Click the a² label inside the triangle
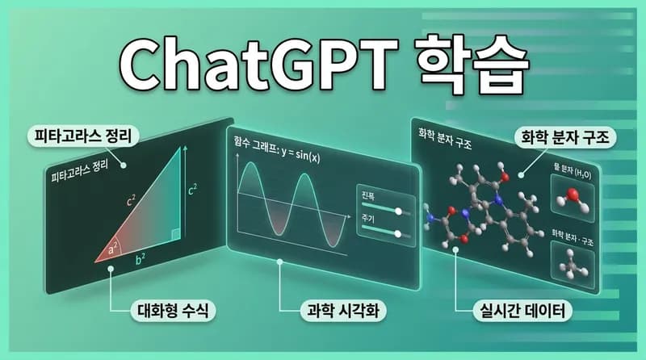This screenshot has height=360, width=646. click(114, 249)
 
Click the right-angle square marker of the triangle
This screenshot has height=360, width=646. click(174, 235)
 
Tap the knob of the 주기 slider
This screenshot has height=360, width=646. click(397, 234)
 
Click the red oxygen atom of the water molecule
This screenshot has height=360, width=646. click(572, 194)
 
